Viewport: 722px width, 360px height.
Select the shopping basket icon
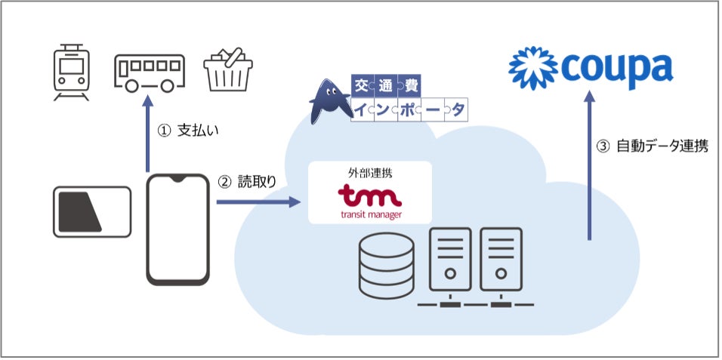click(x=228, y=71)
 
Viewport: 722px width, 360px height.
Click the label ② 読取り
click(x=253, y=182)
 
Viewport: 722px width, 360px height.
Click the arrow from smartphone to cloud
click(x=258, y=202)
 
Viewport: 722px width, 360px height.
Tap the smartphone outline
click(x=177, y=229)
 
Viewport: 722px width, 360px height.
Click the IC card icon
click(x=91, y=211)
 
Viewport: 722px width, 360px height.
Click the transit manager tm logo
click(x=370, y=198)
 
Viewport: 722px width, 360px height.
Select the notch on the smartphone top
click(x=177, y=179)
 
